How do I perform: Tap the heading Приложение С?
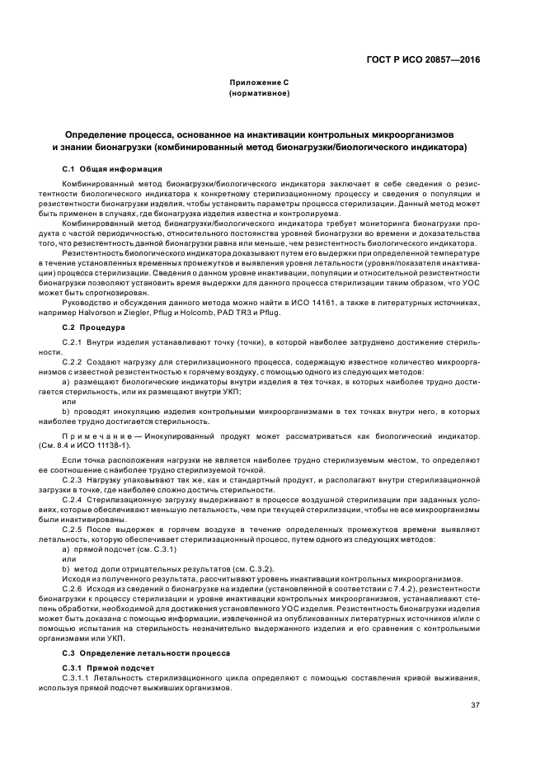(259, 84)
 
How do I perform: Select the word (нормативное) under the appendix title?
(259, 94)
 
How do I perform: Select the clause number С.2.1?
(73, 339)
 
